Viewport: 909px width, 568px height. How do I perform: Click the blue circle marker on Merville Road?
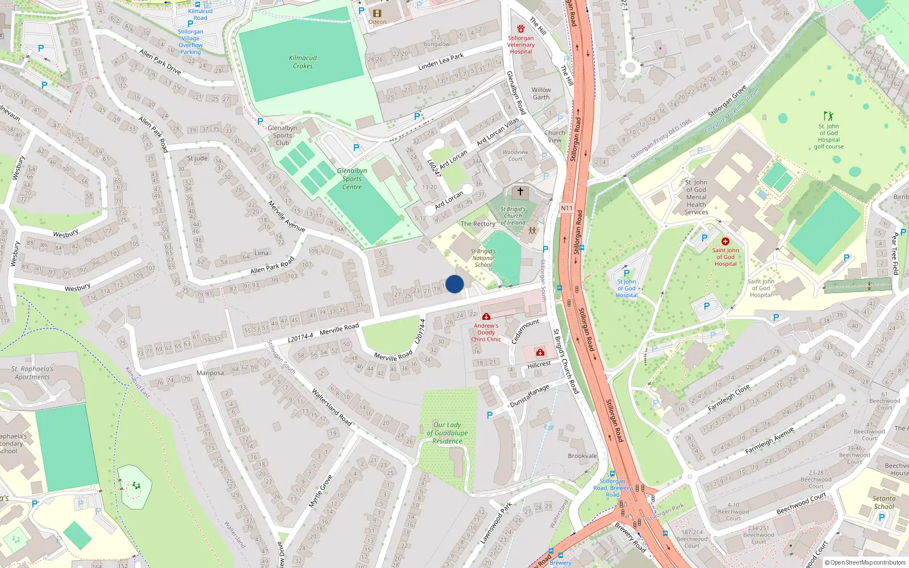(x=454, y=284)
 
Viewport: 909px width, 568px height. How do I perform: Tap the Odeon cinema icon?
(x=377, y=13)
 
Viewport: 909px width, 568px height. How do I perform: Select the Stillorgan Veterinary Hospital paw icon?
(x=521, y=28)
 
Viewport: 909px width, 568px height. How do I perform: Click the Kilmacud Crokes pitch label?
(x=303, y=62)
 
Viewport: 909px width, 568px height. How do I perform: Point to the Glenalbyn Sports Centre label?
(x=352, y=178)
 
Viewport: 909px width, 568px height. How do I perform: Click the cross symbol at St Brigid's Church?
(x=520, y=192)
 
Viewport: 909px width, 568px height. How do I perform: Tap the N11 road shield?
(x=566, y=208)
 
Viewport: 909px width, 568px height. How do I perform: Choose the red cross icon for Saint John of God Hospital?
(x=725, y=241)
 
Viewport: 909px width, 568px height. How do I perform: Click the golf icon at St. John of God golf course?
(x=828, y=116)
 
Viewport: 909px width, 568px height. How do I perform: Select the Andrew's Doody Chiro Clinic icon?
(x=486, y=316)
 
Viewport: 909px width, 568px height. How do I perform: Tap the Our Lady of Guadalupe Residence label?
(x=447, y=433)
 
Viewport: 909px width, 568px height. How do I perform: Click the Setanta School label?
(x=883, y=502)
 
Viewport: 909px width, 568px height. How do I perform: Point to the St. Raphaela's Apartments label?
(x=32, y=373)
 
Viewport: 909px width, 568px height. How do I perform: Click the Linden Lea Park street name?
(x=441, y=62)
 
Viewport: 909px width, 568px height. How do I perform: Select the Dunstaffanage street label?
(x=529, y=395)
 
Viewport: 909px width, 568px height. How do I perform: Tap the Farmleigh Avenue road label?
(x=769, y=441)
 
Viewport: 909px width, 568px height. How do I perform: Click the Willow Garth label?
(x=541, y=93)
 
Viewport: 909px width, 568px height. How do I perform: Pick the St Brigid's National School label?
(x=483, y=258)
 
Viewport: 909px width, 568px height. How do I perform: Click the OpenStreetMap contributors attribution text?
(x=865, y=562)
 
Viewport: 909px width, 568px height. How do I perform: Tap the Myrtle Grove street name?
(x=320, y=492)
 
